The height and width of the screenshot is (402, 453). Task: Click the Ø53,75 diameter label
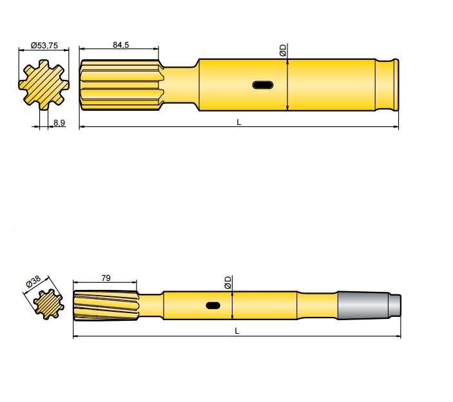click(44, 46)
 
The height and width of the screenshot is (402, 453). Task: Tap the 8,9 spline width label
click(59, 122)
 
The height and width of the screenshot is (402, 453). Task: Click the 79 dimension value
click(106, 278)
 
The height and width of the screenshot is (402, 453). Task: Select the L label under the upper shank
click(238, 122)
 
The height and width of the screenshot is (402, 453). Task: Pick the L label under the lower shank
click(236, 331)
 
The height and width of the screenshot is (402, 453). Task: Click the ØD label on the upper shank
click(283, 50)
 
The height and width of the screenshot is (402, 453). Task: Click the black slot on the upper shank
click(262, 84)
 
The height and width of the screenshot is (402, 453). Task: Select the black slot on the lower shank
click(213, 305)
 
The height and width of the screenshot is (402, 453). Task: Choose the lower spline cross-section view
click(47, 303)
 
